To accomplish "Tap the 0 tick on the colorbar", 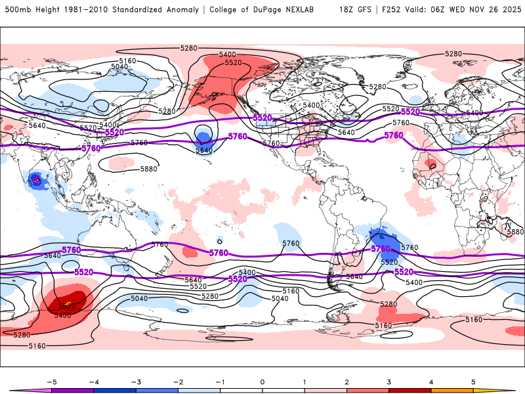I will pyautogui.click(x=262, y=381).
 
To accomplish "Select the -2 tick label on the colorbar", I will pyautogui.click(x=178, y=381).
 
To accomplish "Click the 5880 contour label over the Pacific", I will pyautogui.click(x=148, y=169).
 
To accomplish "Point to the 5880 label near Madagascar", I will pyautogui.click(x=515, y=232).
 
